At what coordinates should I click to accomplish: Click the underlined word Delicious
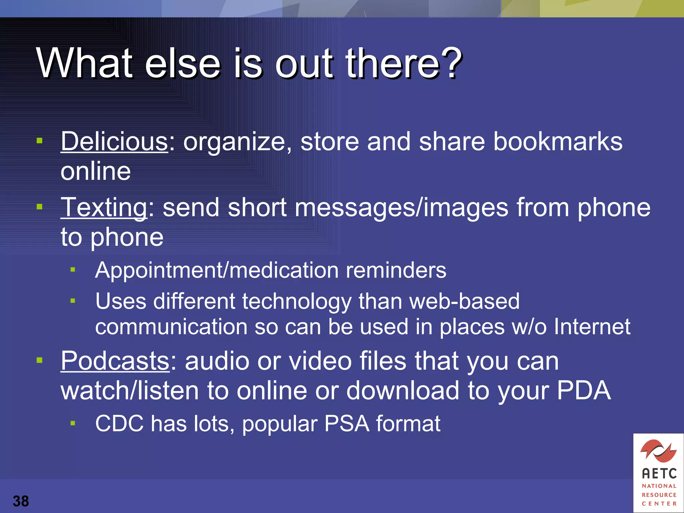pyautogui.click(x=114, y=141)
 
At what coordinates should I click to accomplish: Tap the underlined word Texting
pyautogui.click(x=104, y=208)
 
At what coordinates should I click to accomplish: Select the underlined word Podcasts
pyautogui.click(x=115, y=361)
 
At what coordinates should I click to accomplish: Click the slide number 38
pyautogui.click(x=21, y=501)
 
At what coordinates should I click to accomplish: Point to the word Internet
pyautogui.click(x=592, y=326)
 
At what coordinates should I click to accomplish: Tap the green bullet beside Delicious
pyautogui.click(x=40, y=141)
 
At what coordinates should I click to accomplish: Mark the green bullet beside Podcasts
pyautogui.click(x=40, y=360)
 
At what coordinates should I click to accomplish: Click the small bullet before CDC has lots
pyautogui.click(x=73, y=423)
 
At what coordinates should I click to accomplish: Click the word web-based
pyautogui.click(x=464, y=301)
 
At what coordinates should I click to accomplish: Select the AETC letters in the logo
pyautogui.click(x=659, y=474)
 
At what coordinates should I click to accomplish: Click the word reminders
pyautogui.click(x=396, y=270)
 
